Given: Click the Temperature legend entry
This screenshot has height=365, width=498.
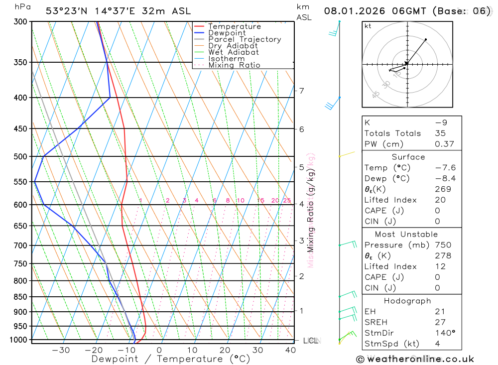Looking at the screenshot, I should coord(234,27).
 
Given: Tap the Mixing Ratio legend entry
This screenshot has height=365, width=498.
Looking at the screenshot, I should coord(234,65).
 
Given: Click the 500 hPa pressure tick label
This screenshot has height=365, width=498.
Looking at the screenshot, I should coord(20,156).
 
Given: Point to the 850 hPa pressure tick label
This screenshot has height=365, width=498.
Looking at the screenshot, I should coord(20,297).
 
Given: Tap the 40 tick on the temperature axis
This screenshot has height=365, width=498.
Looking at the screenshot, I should coord(290,350).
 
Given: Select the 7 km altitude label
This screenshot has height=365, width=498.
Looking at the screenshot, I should coord(301,91).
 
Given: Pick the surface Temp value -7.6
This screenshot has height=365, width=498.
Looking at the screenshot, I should coord(445,168).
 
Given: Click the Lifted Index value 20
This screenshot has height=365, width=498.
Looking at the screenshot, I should coord(440,200).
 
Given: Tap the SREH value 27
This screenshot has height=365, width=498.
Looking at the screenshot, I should coord(440,322).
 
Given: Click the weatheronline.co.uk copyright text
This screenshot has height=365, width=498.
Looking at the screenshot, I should coord(415,359).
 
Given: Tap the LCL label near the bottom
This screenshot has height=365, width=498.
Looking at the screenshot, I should coord(310,341).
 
